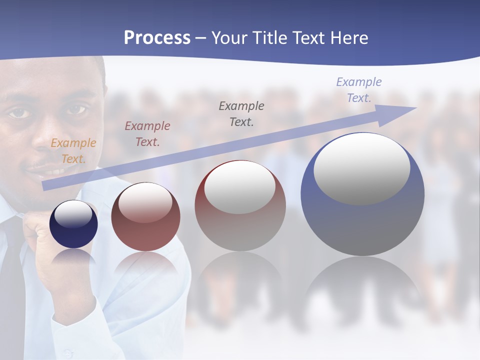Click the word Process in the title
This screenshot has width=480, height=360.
(x=157, y=38)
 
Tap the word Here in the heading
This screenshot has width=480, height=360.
(x=348, y=38)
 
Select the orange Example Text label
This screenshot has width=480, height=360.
(x=73, y=151)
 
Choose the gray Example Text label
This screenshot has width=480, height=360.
(x=241, y=113)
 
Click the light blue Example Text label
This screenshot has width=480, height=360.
(x=358, y=90)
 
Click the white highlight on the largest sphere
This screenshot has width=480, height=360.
(x=361, y=167)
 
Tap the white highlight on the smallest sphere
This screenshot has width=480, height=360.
(x=73, y=214)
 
